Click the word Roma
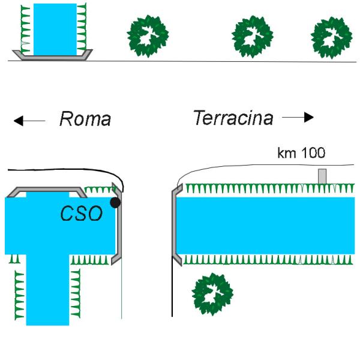[85, 119]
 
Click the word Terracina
[233, 118]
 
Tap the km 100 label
[301, 152]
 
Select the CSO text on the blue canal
[81, 213]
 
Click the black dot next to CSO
[115, 203]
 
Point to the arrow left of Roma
[29, 121]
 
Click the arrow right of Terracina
[298, 118]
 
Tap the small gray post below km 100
[322, 176]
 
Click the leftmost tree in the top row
[148, 36]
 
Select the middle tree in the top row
[253, 37]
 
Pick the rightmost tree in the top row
[332, 38]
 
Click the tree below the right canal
[212, 294]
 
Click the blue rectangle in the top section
[55, 29]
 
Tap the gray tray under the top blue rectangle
[53, 58]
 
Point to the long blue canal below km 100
[265, 226]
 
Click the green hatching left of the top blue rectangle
[25, 30]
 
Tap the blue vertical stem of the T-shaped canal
[47, 290]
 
